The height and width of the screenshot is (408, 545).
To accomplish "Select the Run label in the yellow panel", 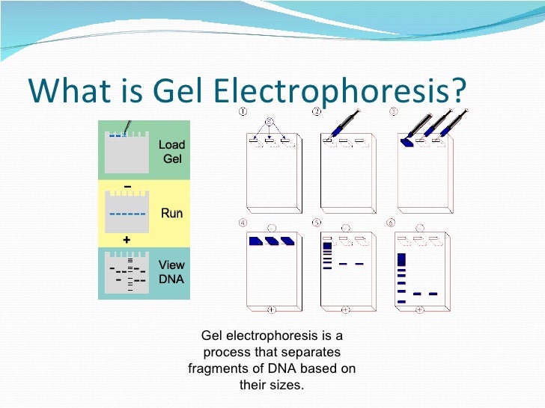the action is (x=171, y=213).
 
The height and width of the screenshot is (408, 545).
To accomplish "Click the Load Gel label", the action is (x=171, y=152).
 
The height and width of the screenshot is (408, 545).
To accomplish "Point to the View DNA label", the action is (x=171, y=273).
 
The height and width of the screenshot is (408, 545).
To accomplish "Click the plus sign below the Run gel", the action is (x=127, y=240).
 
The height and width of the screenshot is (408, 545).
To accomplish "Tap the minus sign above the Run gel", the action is (x=127, y=186).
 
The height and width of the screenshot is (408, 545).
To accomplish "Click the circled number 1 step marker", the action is (x=243, y=112).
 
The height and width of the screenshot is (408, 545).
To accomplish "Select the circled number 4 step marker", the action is (x=243, y=223).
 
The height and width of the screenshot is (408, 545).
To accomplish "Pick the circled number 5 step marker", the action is (x=318, y=223).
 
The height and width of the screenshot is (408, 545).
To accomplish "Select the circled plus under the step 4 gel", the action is (x=270, y=309).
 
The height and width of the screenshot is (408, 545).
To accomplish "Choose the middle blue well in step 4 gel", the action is (x=271, y=241).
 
